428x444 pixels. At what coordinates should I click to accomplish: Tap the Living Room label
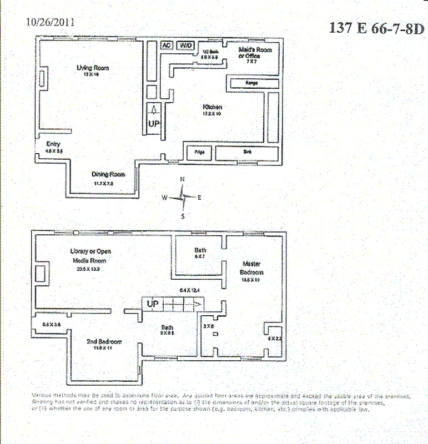click(x=93, y=68)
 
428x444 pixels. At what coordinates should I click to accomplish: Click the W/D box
click(x=185, y=46)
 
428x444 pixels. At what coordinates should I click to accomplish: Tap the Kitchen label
click(x=212, y=107)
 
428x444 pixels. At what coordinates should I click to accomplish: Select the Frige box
click(x=196, y=151)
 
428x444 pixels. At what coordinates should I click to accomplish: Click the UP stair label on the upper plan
click(x=154, y=124)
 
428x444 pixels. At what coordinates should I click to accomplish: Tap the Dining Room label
click(x=108, y=174)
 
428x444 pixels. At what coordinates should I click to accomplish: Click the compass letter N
click(x=182, y=179)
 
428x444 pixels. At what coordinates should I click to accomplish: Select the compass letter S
click(x=184, y=216)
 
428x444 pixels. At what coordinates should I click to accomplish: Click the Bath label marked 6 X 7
click(x=200, y=250)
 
